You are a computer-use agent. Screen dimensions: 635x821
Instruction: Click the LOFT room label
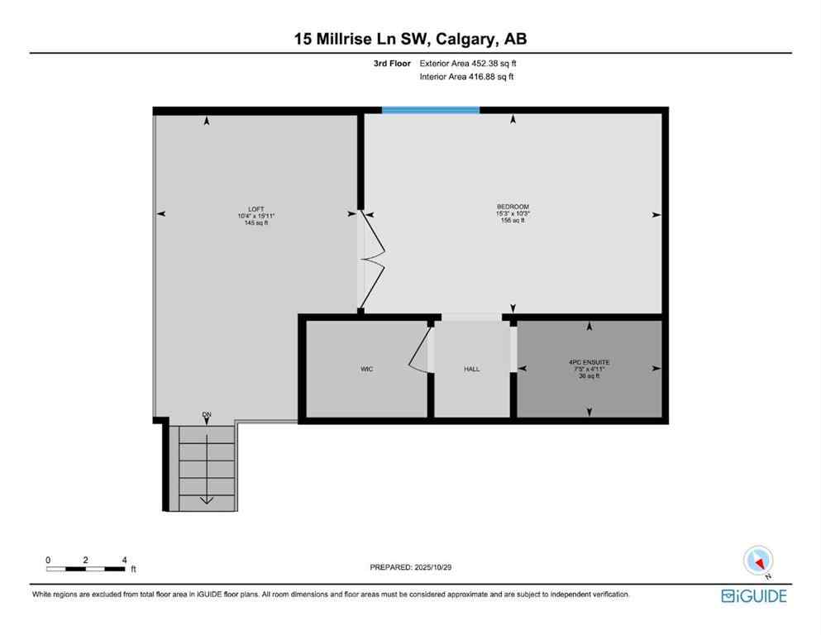pos(255,208)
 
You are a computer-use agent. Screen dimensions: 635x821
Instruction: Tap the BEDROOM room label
pos(513,207)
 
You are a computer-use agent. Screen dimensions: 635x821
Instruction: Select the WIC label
pos(366,369)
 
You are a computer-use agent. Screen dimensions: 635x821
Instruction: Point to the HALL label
pos(471,369)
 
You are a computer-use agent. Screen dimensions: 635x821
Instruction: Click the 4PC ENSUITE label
pos(589,362)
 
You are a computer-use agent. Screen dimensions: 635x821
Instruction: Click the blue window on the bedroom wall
pos(430,110)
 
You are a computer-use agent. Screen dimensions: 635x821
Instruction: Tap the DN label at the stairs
pos(206,414)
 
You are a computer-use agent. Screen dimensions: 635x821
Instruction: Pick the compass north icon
pos(757,561)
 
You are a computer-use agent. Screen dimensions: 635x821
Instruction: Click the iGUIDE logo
pos(753,595)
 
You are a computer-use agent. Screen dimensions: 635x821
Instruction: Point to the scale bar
pos(86,568)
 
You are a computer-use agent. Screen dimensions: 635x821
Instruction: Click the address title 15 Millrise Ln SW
pos(410,39)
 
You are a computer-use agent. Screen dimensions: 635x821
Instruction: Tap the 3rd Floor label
pos(394,63)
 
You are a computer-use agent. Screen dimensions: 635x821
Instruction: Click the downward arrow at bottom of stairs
pos(206,499)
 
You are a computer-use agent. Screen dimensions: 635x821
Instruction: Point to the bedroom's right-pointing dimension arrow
pos(656,215)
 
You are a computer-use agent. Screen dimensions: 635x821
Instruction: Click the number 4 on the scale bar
pos(124,559)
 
